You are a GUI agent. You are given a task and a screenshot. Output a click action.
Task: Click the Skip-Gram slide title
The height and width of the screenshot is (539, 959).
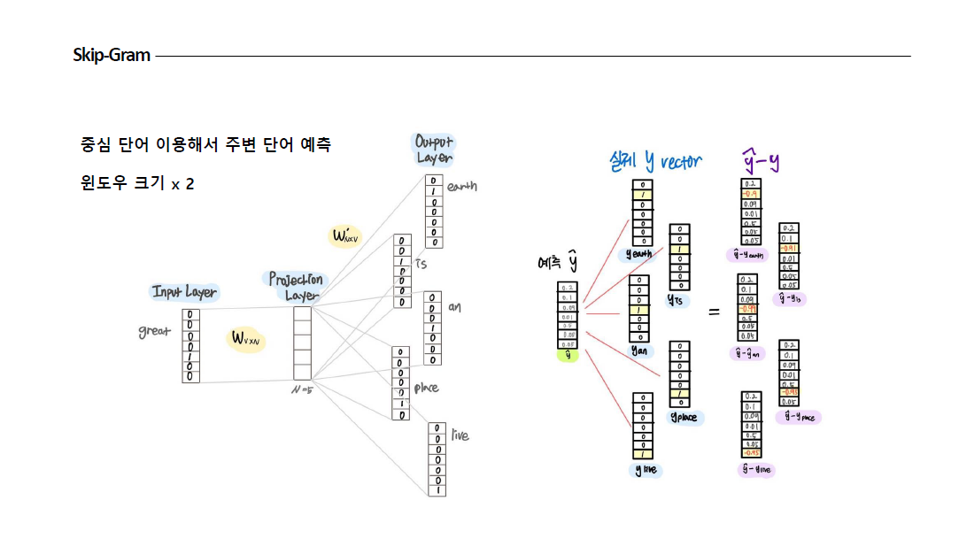tap(112, 56)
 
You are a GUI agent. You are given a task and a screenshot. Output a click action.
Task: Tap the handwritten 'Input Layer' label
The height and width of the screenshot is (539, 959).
tap(183, 292)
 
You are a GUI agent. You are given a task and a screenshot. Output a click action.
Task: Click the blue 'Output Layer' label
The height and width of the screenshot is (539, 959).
tap(434, 150)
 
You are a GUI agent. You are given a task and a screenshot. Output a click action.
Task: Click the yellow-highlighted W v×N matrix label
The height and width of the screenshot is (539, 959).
tap(245, 338)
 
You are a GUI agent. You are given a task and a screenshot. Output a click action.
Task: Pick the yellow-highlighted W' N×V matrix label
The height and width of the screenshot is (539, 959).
tap(344, 236)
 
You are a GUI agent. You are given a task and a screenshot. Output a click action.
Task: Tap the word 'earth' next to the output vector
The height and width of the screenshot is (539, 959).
tap(461, 187)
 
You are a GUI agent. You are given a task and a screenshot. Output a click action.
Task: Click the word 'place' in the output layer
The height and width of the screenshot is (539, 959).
tap(427, 388)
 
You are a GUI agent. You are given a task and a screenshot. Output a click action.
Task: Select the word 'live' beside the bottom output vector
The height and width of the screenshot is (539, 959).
tap(460, 435)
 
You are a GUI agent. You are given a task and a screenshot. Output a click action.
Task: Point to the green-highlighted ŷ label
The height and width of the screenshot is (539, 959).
tap(567, 356)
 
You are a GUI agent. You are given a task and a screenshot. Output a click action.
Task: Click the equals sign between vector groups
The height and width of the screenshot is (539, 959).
tap(714, 312)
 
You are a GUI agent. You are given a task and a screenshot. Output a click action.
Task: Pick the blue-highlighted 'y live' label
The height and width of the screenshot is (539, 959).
tap(647, 470)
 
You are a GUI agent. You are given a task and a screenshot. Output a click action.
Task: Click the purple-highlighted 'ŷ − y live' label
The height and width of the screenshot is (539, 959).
tap(755, 470)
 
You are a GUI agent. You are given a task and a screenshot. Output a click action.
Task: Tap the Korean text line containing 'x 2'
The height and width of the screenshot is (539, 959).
tap(137, 184)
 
